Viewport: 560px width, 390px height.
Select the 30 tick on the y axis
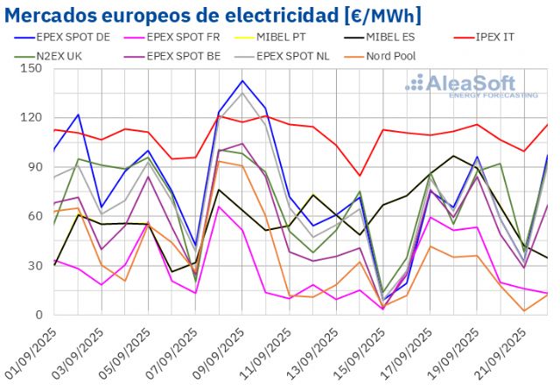(36, 266)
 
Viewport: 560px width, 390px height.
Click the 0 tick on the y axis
(39, 315)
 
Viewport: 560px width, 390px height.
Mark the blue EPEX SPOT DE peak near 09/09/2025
(242, 80)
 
